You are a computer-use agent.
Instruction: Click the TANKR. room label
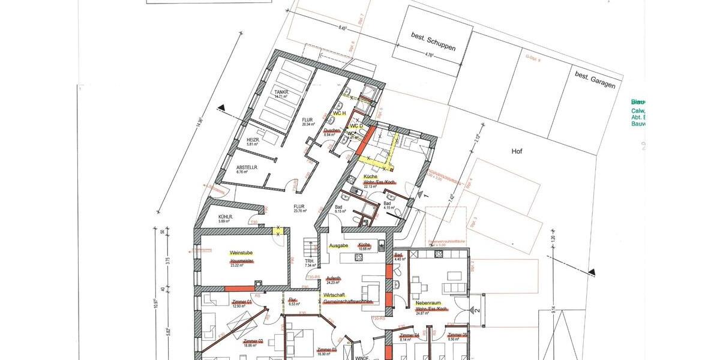click(x=281, y=92)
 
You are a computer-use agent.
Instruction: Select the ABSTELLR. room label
click(x=247, y=167)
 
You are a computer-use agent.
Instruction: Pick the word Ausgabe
click(x=338, y=246)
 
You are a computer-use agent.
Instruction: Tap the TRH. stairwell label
click(x=310, y=262)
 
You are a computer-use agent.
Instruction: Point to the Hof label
click(x=517, y=151)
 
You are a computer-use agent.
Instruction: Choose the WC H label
click(x=340, y=113)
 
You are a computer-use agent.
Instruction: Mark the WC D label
click(x=356, y=127)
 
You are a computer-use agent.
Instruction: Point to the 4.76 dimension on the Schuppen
click(x=429, y=55)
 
